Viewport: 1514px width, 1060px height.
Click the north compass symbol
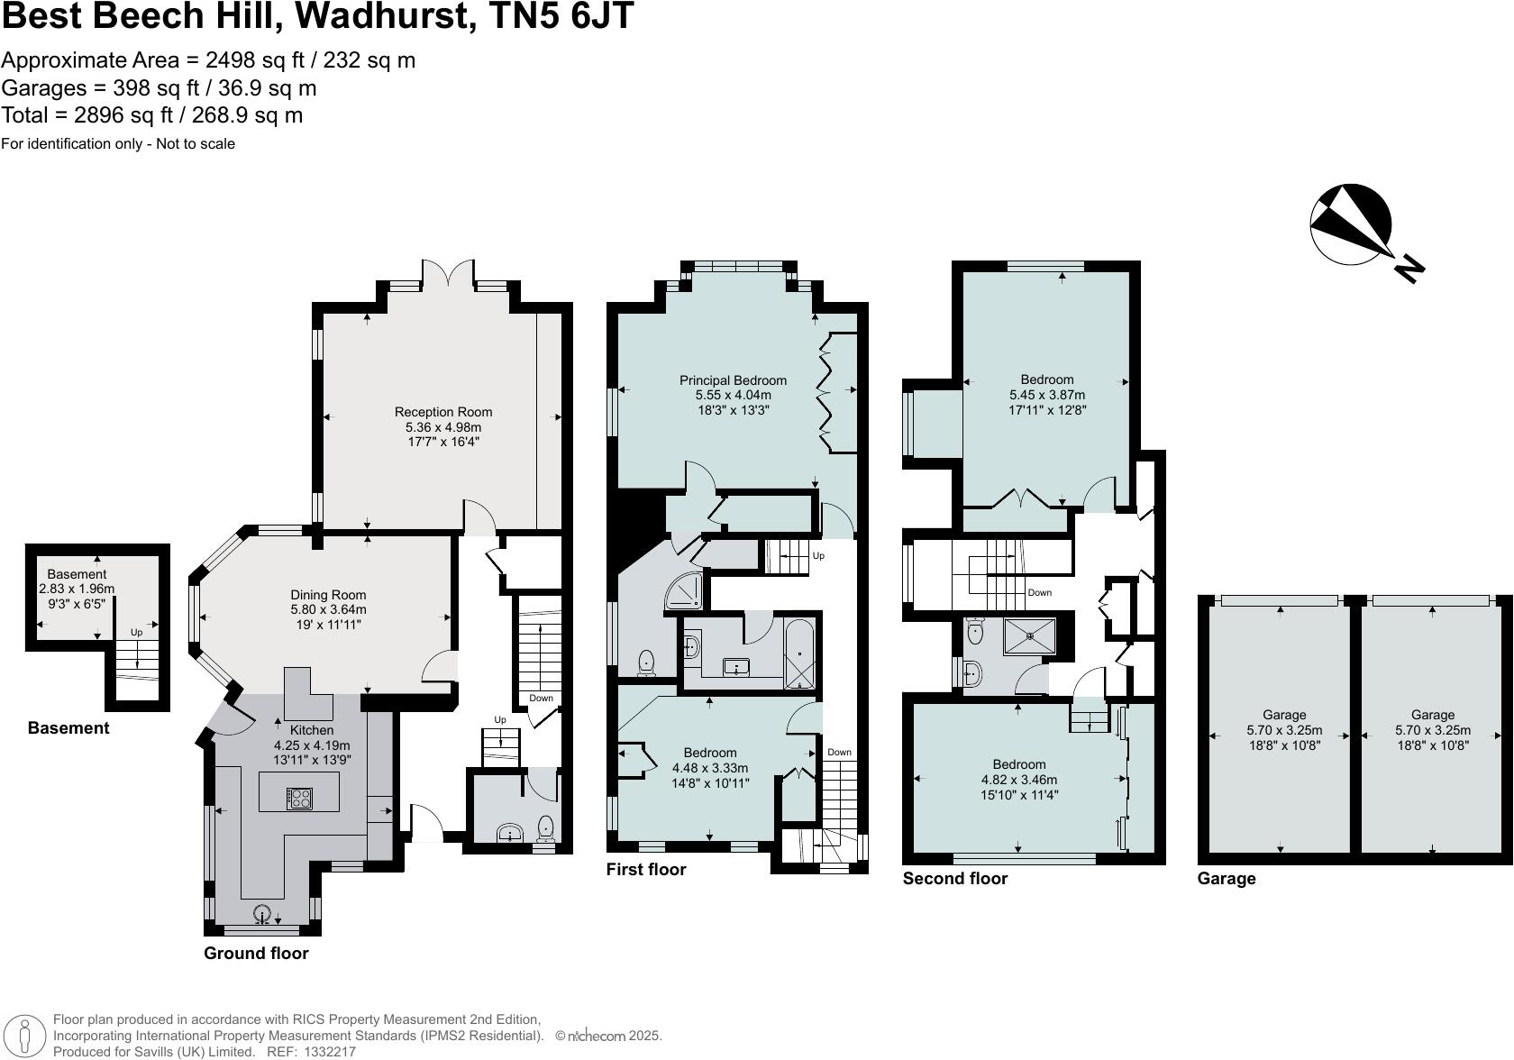pyautogui.click(x=1351, y=225)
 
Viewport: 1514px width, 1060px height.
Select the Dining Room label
pyautogui.click(x=328, y=595)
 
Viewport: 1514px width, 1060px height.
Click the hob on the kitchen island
pyautogui.click(x=299, y=798)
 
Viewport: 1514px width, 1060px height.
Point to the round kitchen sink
pyautogui.click(x=263, y=913)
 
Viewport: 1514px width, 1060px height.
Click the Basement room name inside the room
pyautogui.click(x=77, y=574)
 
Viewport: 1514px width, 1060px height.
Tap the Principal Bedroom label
pyautogui.click(x=733, y=380)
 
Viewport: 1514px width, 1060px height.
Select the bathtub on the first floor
pyautogui.click(x=800, y=653)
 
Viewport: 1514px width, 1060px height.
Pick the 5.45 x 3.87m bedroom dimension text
pyautogui.click(x=1047, y=395)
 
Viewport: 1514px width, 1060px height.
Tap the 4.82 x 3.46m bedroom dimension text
pyautogui.click(x=1019, y=780)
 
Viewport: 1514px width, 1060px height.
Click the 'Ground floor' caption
pyautogui.click(x=256, y=954)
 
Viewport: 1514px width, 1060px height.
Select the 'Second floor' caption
pyautogui.click(x=955, y=879)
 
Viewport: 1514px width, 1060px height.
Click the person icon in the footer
pyautogui.click(x=31, y=1037)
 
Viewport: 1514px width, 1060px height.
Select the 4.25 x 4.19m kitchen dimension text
pyautogui.click(x=312, y=745)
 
